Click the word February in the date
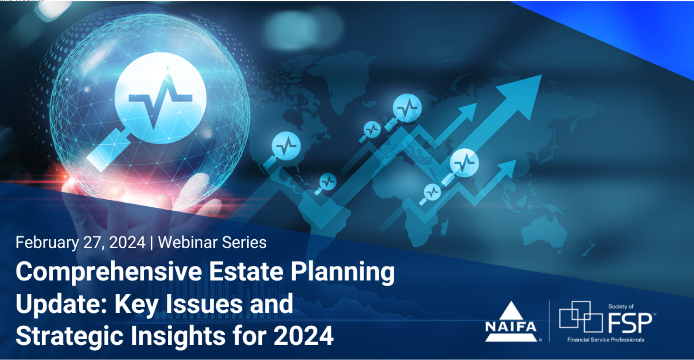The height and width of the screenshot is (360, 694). click(47, 243)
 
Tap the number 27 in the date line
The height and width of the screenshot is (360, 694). click(92, 242)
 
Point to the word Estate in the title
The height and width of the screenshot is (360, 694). click(246, 272)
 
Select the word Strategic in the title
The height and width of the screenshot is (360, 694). click(69, 336)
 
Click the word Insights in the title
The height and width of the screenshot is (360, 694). click(178, 336)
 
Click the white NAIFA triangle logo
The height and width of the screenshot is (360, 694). click(511, 323)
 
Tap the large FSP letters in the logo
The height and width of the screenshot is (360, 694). click(630, 323)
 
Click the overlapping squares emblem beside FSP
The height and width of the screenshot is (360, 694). click(581, 316)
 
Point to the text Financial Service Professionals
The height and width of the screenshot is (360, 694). click(606, 340)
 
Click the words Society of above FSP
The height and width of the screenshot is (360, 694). click(621, 306)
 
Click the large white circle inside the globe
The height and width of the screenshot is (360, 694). click(160, 98)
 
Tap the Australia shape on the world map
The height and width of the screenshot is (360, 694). click(544, 231)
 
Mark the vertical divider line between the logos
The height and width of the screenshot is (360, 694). click(550, 321)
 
